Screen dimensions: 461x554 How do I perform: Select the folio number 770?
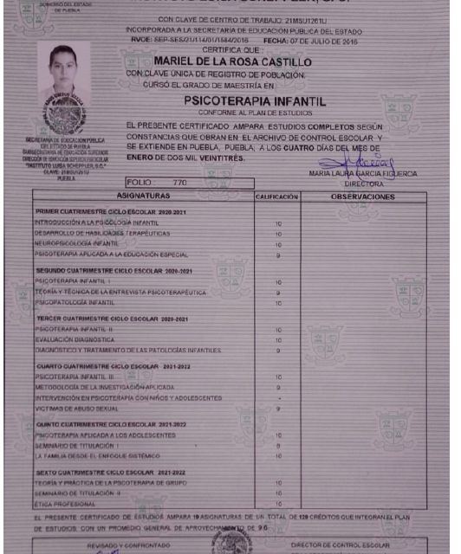(x=180, y=184)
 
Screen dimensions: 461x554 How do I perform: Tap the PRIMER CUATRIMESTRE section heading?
(x=103, y=211)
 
